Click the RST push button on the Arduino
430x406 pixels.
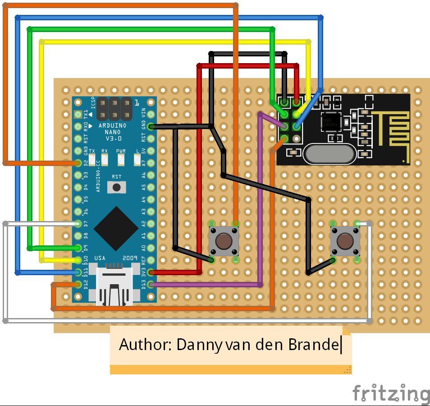117,186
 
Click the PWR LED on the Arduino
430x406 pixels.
121,159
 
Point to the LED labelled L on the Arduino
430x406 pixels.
137,159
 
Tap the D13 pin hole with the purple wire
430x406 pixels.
151,284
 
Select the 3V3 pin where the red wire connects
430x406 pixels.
151,272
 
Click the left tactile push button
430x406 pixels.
224,241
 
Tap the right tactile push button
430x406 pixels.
345,241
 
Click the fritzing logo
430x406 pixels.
390,393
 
